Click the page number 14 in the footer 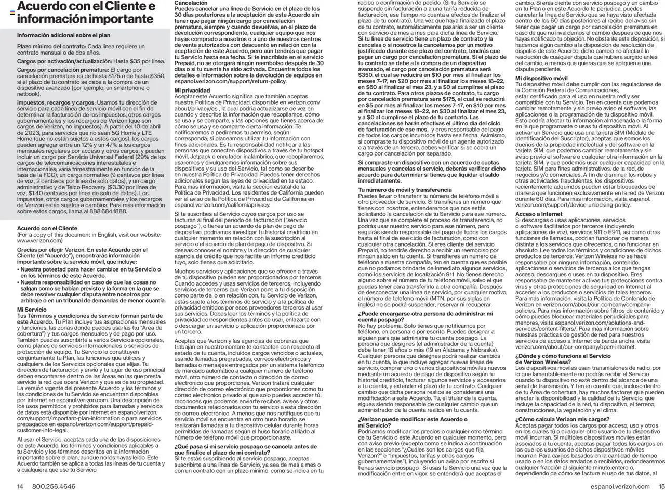[x=20, y=486]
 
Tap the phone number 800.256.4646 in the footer [x=54, y=486]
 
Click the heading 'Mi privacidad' [x=192, y=91]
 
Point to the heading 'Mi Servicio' [x=32, y=310]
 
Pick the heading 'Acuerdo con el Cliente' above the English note [x=47, y=228]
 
